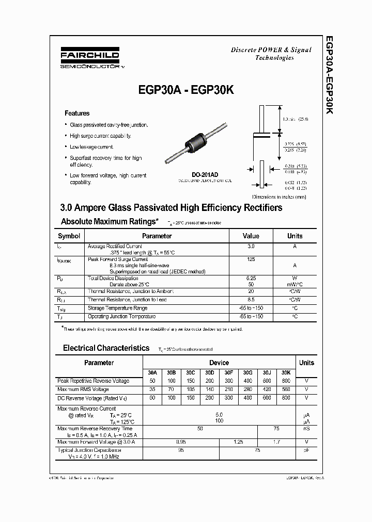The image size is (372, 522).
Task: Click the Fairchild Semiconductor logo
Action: coord(90,59)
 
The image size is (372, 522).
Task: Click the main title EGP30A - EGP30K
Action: coord(186,90)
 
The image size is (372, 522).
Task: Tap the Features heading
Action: coord(77,113)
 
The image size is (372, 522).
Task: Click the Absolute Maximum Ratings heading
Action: coord(110,221)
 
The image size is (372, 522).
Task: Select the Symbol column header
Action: coord(69,236)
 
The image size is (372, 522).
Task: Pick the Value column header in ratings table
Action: coord(251,236)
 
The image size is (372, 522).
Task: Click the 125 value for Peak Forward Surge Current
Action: coord(251,259)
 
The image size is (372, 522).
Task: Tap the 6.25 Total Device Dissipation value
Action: coord(251,278)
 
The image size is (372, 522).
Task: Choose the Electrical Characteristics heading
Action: coord(106,348)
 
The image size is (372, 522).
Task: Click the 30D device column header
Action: coord(209,372)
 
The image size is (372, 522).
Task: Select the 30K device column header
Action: coord(286,372)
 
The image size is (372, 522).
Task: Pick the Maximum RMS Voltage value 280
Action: coord(247,389)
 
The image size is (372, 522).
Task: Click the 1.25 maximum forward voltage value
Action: coord(239,442)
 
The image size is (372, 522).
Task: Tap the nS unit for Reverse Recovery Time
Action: coord(306,429)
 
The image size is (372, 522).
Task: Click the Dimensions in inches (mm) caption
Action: coord(280,197)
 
